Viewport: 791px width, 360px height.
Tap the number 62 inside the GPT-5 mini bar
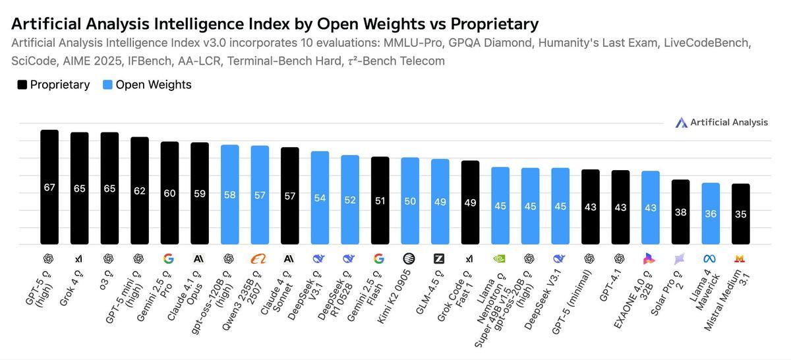coord(139,191)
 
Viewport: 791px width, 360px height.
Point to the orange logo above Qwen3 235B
coord(259,259)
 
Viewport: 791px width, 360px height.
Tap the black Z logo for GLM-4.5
coord(439,259)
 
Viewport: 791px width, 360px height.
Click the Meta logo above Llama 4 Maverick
coord(710,259)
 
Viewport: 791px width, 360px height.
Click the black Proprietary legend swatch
coord(22,85)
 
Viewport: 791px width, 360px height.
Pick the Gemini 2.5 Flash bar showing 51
coord(380,200)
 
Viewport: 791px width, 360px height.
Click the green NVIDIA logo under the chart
coord(500,259)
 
